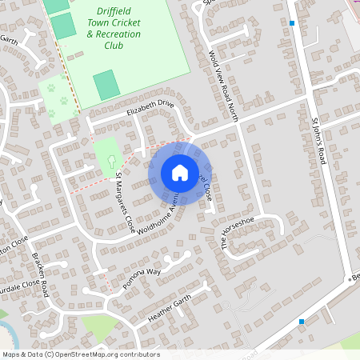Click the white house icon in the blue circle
click(179, 173)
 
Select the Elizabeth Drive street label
click(150, 108)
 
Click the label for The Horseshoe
click(237, 233)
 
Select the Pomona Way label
click(142, 283)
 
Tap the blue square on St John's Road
click(293, 23)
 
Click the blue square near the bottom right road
click(302, 322)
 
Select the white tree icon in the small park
click(110, 161)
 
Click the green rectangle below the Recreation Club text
click(106, 84)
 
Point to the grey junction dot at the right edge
click(350, 278)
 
